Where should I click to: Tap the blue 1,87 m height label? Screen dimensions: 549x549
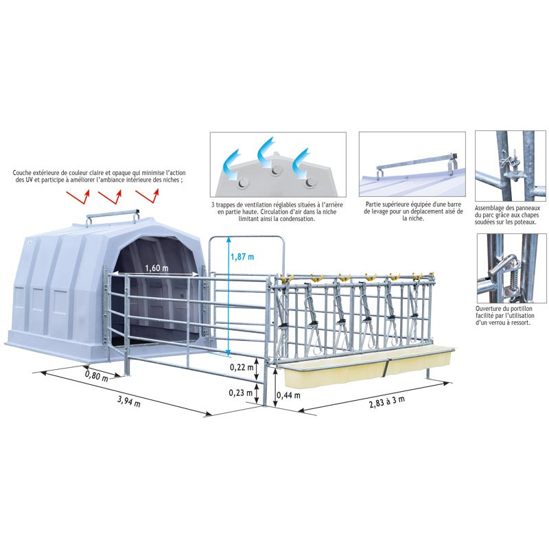242,257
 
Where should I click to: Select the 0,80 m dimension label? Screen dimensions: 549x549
96,375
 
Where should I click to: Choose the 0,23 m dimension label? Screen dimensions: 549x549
240,393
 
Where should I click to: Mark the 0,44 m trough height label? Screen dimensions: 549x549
288,395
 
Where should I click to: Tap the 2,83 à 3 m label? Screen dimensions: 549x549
386,401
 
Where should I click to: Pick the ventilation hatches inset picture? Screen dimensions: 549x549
277,165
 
